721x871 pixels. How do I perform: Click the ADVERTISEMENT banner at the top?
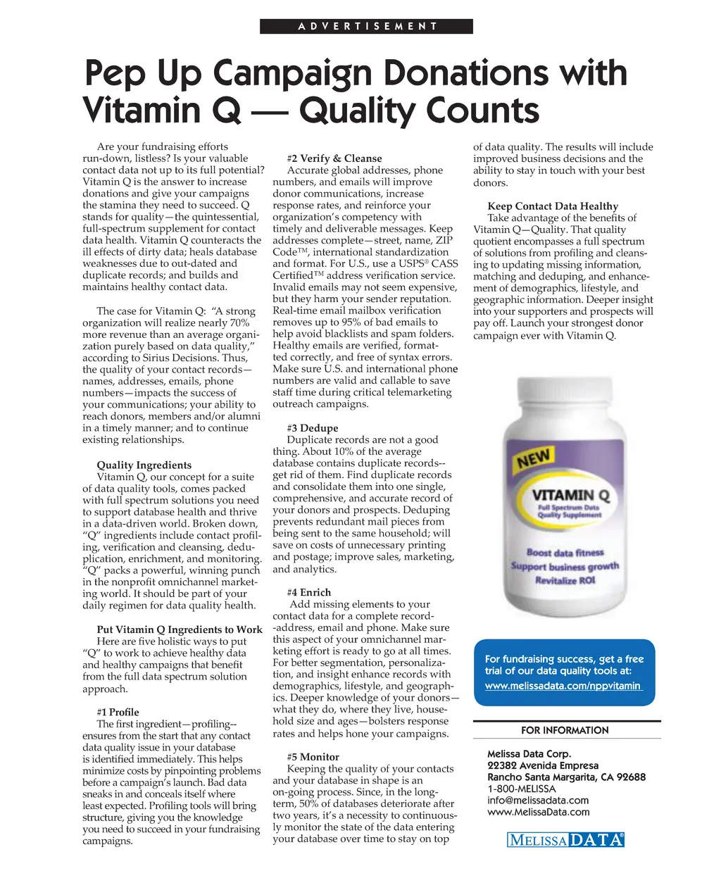click(366, 27)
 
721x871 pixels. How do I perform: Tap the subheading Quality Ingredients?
click(144, 465)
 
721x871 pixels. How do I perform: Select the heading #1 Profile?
click(118, 712)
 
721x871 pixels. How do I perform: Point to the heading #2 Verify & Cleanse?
click(334, 158)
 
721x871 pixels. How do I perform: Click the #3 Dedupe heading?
click(313, 427)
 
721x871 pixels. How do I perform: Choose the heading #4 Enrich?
click(308, 592)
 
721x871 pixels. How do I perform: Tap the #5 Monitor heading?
click(313, 757)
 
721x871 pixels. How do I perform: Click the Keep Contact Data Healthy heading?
click(553, 206)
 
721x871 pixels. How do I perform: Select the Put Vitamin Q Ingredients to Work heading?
click(180, 629)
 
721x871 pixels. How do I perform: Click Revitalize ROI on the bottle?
click(565, 580)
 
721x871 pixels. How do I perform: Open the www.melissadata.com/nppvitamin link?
click(563, 686)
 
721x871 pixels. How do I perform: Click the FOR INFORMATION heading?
click(565, 730)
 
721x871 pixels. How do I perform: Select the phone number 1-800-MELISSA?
click(521, 789)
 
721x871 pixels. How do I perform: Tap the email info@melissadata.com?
click(537, 800)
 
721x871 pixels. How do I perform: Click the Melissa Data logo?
click(565, 839)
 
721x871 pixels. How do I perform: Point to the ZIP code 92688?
click(631, 777)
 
